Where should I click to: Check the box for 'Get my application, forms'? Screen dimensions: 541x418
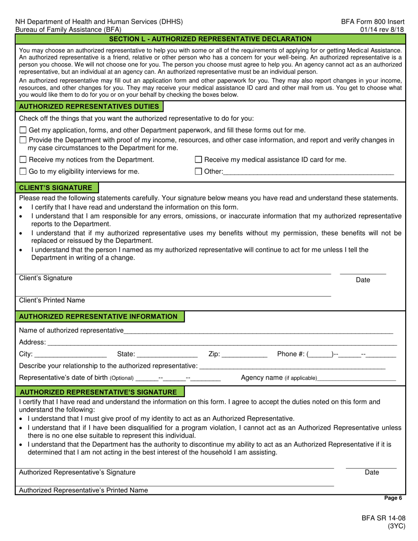coord(23,130)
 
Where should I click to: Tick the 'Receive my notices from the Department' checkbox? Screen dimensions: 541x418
coord(23,160)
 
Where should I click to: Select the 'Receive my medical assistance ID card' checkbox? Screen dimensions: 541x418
coord(198,160)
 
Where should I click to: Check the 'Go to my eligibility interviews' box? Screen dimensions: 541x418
coord(23,172)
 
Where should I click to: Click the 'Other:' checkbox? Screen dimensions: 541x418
coord(198,172)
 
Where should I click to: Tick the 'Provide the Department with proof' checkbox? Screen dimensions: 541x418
coord(23,140)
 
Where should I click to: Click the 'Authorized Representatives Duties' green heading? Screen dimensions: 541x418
coord(89,106)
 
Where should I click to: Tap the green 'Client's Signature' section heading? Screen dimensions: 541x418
coord(56,188)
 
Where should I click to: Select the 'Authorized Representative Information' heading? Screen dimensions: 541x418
coord(99,317)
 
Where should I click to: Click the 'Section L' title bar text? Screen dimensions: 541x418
coord(210,39)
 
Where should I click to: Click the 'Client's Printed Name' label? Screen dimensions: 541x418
coord(52,300)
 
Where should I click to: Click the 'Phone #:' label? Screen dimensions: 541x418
coord(291,354)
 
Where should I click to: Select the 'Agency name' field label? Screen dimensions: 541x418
coord(279,378)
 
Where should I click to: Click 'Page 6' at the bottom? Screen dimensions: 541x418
coord(393,498)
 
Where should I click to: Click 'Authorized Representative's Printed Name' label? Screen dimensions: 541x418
coord(84,490)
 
